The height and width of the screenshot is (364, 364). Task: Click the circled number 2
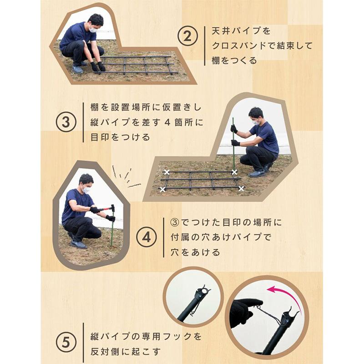click(x=187, y=36)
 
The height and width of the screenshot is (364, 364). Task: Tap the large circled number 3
click(x=66, y=122)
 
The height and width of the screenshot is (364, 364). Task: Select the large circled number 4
click(x=146, y=237)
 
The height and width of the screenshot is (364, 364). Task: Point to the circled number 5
click(x=66, y=343)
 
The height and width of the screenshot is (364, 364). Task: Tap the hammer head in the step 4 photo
click(x=113, y=208)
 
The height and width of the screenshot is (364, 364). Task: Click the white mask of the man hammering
click(x=86, y=190)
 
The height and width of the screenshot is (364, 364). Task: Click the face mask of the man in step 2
click(x=93, y=30)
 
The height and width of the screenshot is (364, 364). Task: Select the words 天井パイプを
click(x=241, y=30)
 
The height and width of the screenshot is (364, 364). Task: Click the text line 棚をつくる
click(x=234, y=61)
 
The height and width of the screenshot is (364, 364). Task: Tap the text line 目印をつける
click(x=120, y=137)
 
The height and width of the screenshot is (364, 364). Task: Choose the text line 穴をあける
click(x=195, y=252)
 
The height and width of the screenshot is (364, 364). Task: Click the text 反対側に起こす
click(x=126, y=351)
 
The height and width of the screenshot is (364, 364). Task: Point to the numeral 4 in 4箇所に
click(x=167, y=122)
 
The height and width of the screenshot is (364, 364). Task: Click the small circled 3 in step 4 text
click(x=175, y=222)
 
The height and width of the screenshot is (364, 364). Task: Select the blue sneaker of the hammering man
click(x=78, y=244)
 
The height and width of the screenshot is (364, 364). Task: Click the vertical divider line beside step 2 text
click(x=205, y=46)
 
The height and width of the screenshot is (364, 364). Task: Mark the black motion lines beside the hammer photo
click(x=126, y=177)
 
